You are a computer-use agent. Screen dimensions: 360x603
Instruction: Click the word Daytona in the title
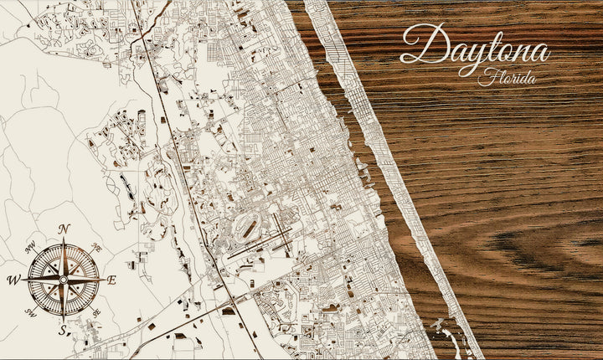tap(474, 47)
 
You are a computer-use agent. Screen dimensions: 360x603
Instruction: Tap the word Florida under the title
tap(508, 78)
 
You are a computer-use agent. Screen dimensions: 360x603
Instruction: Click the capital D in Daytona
tap(420, 45)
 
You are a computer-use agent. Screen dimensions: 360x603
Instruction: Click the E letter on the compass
tap(111, 280)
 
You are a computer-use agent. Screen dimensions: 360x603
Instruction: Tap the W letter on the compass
tap(13, 280)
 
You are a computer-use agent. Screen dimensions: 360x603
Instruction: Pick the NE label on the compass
tap(95, 248)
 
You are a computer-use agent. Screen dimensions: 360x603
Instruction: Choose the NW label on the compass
tap(30, 247)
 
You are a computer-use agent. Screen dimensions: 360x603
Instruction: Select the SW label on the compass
tap(31, 312)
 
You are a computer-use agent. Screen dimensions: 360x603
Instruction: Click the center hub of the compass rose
tap(64, 279)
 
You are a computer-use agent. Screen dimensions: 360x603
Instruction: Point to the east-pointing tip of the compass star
tap(103, 280)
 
